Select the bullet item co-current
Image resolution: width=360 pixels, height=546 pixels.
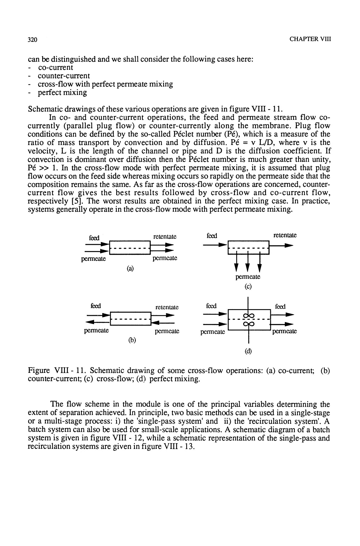pos(56,67)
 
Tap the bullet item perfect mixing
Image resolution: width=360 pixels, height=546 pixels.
pos(62,92)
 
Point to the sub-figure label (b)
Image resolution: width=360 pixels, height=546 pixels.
pos(131,340)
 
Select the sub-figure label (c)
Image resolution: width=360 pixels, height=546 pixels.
pos(248,287)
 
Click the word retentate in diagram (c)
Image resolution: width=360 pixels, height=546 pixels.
pos(285,235)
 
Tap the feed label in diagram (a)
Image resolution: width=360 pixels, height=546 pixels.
pos(94,238)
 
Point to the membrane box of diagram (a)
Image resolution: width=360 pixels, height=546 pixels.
pos(130,248)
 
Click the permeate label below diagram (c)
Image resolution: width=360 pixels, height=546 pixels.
pos(248,277)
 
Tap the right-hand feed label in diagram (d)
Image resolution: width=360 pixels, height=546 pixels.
pos(280,306)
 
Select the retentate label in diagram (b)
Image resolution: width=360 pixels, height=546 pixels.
pos(167,307)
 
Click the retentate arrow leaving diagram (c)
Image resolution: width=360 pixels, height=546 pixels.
pos(282,246)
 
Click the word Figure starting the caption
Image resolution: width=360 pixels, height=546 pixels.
pos(39,370)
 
